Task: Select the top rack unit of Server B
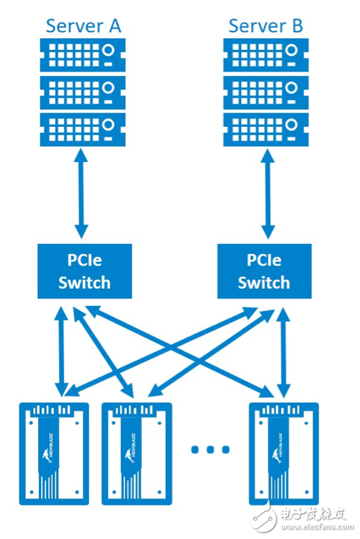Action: click(266, 54)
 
